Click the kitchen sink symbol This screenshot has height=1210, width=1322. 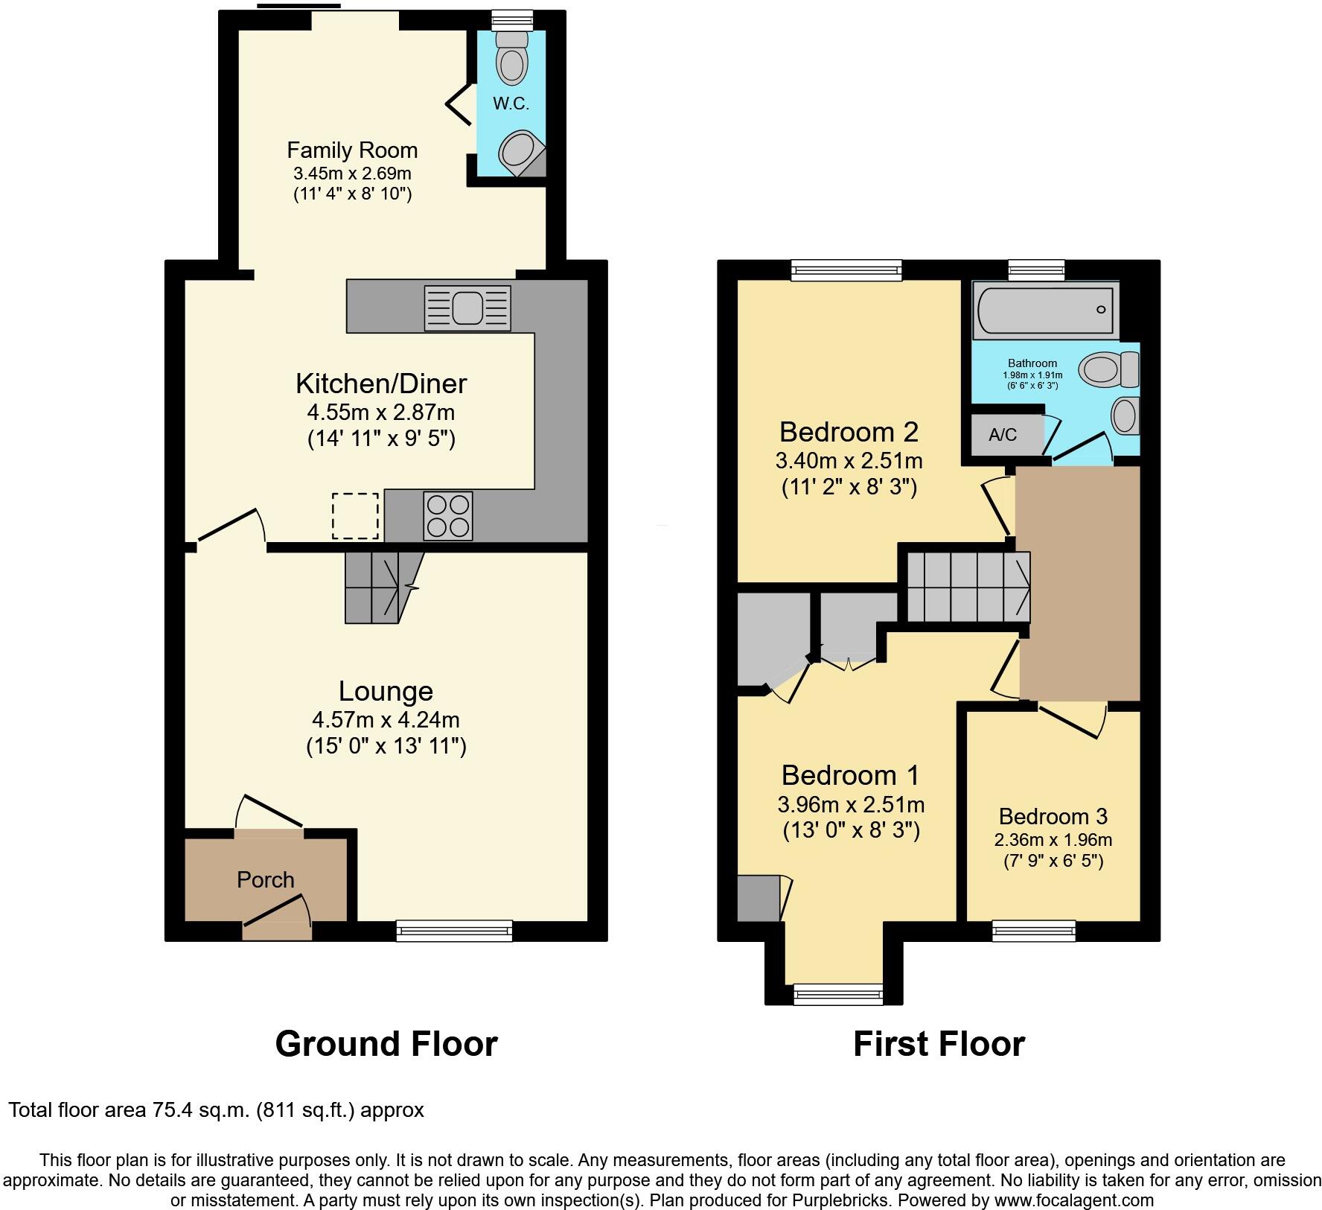coord(467,308)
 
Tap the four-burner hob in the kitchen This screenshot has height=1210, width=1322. coord(447,516)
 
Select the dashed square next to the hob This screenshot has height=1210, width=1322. coord(355,515)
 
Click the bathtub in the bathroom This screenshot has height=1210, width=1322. coord(1044,310)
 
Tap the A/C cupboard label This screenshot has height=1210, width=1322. coord(1002,436)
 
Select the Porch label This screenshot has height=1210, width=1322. coord(266,880)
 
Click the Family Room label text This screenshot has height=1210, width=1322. coord(352,150)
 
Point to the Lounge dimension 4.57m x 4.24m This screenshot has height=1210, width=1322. coord(386,720)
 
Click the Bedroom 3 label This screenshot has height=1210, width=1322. coord(1053,816)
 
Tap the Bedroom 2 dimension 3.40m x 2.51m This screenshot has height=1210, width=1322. coord(849,461)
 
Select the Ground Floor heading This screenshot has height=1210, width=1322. coord(386,1044)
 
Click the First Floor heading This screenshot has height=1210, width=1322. coord(938,1044)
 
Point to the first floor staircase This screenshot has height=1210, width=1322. coord(968,586)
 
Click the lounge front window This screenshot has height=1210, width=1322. coord(454,931)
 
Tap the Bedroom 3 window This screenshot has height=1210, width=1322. coord(1034,931)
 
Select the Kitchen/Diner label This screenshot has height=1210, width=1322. coord(381,384)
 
